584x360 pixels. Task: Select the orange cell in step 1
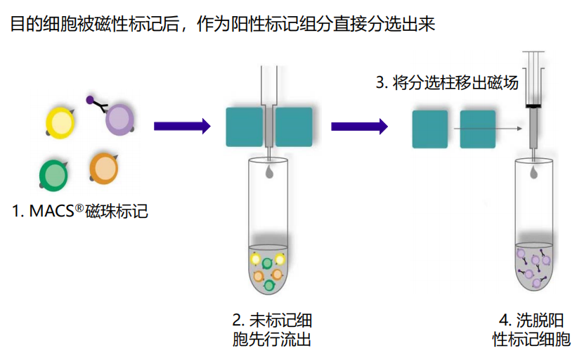[x=105, y=169]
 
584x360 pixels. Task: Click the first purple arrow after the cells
[x=182, y=126]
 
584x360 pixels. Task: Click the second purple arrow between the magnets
[x=359, y=126]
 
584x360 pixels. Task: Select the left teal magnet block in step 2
[x=245, y=127]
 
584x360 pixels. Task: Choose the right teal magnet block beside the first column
[x=294, y=127]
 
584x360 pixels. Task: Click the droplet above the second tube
[x=533, y=170]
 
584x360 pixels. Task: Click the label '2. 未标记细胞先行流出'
[x=271, y=330]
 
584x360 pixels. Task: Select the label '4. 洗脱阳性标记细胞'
[x=532, y=330]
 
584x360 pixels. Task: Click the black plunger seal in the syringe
[x=533, y=106]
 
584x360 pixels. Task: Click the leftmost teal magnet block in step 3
[x=429, y=129]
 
